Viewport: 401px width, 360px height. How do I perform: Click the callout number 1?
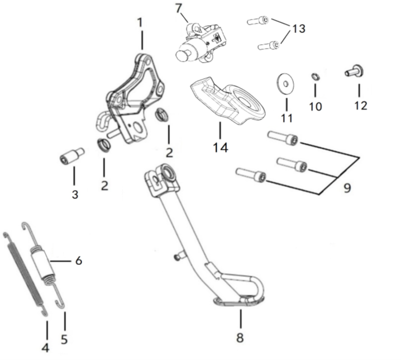coord(140,23)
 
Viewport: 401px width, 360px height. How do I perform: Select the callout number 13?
coord(299,28)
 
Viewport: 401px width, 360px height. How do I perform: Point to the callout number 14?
coord(220,148)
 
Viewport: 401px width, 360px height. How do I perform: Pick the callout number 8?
coord(241,338)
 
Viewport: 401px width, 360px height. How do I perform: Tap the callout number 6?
coord(79,260)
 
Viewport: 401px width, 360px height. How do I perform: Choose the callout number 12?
coord(360,105)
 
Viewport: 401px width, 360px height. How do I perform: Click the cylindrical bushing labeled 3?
coord(71,157)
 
